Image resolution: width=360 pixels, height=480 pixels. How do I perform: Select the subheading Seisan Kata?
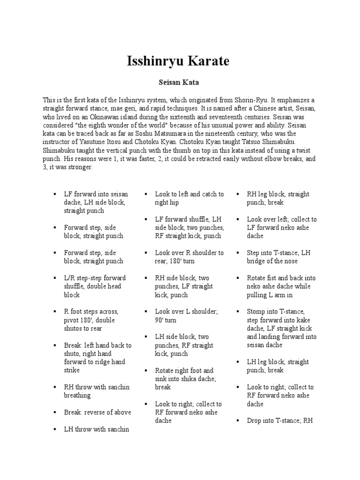click(x=180, y=82)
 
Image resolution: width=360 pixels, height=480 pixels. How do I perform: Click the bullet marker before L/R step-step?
click(x=54, y=278)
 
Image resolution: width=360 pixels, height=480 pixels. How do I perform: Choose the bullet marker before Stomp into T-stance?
click(x=238, y=312)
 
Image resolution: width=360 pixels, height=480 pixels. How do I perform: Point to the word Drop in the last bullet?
click(x=255, y=420)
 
